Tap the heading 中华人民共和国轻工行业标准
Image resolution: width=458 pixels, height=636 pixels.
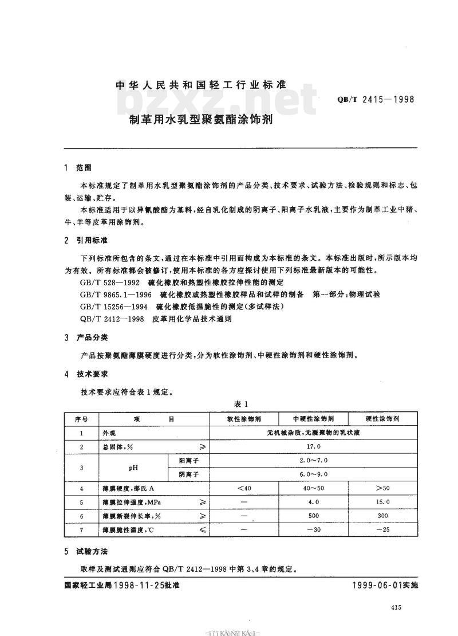(200, 85)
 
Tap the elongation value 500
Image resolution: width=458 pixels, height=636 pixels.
(313, 516)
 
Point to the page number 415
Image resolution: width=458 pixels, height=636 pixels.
(394, 608)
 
